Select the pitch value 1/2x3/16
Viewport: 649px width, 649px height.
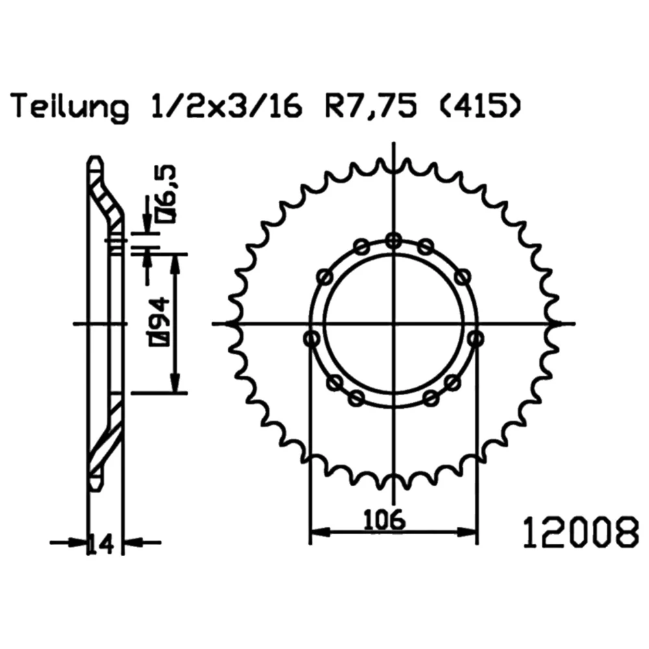click(x=227, y=106)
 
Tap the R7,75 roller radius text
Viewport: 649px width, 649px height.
click(x=370, y=107)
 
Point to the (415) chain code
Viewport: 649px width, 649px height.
click(x=480, y=106)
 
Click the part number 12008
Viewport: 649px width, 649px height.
click(x=581, y=532)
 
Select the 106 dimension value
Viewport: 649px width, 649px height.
click(x=384, y=519)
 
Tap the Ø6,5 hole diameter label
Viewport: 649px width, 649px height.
click(x=165, y=193)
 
